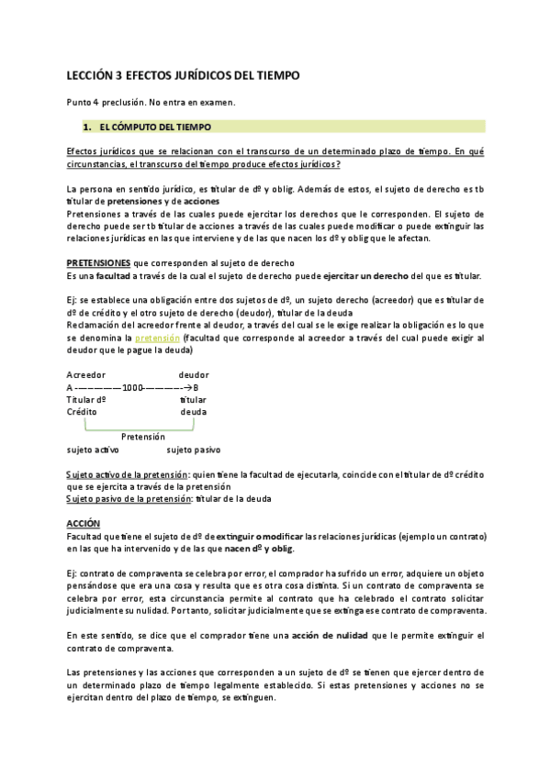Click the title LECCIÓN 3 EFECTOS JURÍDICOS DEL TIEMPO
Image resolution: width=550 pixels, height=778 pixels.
pyautogui.click(x=184, y=77)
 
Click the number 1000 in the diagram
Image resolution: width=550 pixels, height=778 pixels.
pyautogui.click(x=134, y=387)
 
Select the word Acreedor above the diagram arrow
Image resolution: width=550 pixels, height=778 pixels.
pyautogui.click(x=86, y=374)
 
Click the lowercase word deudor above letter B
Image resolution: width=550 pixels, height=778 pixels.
pyautogui.click(x=194, y=374)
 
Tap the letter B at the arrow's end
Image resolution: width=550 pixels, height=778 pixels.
pyautogui.click(x=195, y=387)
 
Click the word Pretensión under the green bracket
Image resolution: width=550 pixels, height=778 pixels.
pyautogui.click(x=142, y=438)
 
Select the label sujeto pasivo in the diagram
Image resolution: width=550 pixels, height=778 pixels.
pyautogui.click(x=193, y=450)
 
